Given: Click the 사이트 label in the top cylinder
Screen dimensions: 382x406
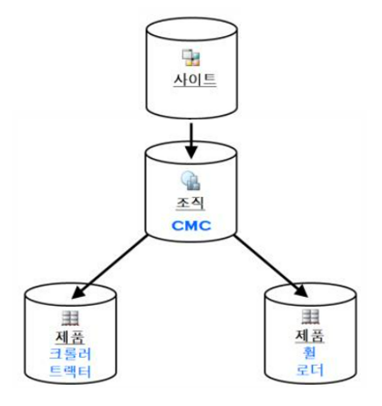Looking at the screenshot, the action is point(195,80).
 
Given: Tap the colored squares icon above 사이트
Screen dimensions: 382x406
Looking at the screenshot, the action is point(191,57).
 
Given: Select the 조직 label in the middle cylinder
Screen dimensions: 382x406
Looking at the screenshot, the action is point(191,203).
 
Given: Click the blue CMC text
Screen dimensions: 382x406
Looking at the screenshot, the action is point(191,226).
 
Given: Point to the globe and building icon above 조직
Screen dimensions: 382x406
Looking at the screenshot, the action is point(191,180).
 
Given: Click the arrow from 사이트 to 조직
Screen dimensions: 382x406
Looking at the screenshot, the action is point(191,141).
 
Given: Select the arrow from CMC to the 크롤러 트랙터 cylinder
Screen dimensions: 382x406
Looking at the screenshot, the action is point(110,267).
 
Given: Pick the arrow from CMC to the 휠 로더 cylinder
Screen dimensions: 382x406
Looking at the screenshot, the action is point(271,266).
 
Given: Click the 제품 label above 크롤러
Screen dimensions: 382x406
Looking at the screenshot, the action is point(70,337).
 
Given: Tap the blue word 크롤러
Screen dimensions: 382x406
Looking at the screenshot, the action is point(70,354).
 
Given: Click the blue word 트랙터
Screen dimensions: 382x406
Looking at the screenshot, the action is point(70,371).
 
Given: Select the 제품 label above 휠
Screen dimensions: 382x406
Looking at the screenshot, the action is point(310,336).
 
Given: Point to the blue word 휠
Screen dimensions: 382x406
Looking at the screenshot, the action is point(309,352).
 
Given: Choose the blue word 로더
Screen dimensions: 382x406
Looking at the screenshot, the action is point(310,370).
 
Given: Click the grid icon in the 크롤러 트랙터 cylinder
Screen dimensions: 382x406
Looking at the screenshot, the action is point(70,318).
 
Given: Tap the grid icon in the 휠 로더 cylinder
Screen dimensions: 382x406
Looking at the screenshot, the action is point(310,316).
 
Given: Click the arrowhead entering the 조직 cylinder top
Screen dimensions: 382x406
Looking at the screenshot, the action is point(191,151).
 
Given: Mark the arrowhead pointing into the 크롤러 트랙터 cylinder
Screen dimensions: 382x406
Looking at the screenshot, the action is point(78,292).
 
